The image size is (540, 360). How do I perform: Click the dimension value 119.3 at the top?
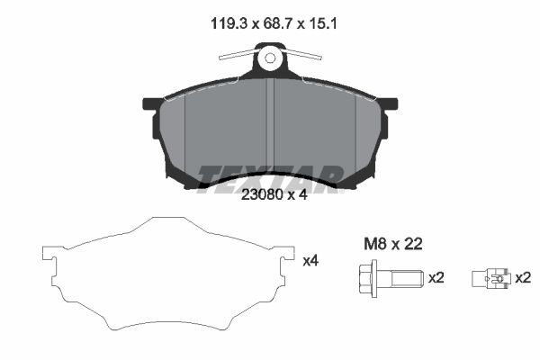click(x=229, y=23)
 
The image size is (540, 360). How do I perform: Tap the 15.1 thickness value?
click(x=323, y=23)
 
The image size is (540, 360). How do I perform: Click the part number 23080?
click(x=262, y=195)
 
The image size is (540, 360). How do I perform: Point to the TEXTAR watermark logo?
click(x=270, y=178)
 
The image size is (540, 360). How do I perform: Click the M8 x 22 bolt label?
click(x=393, y=244)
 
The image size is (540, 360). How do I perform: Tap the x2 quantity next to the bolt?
click(x=436, y=278)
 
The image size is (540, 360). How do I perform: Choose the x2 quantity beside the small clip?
click(x=523, y=278)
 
